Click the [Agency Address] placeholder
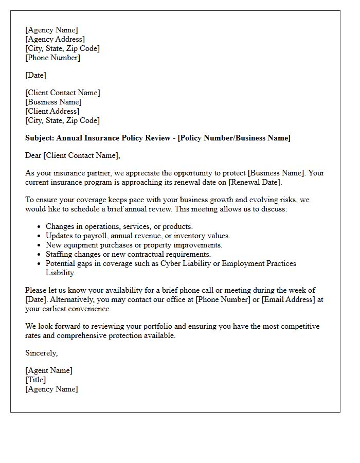click(55, 39)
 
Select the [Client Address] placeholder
click(52, 111)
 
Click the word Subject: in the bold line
click(40, 138)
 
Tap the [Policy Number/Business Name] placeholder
click(234, 138)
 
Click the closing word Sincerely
click(41, 353)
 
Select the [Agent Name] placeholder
click(49, 370)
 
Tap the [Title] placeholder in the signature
click(35, 380)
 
